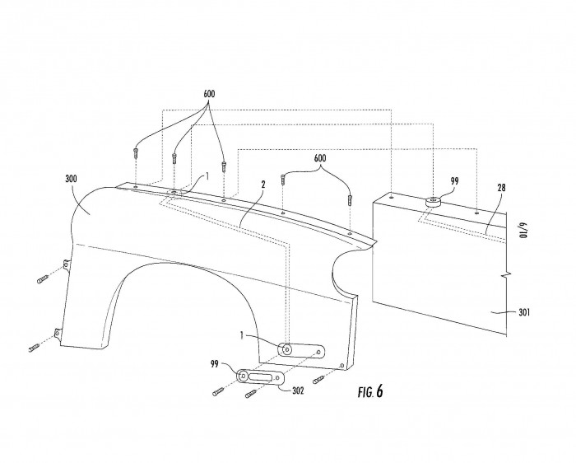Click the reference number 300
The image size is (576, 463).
coord(71,179)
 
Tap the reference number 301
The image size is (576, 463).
coord(524,312)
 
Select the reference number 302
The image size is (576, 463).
coord(298,391)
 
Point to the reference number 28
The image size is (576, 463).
coord(501,188)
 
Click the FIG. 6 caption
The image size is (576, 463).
coord(370,391)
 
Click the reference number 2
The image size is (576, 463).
coord(263,185)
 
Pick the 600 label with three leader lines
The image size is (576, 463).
coord(209,94)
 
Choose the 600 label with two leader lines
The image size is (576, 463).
coord(319,158)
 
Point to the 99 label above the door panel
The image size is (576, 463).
coord(455,181)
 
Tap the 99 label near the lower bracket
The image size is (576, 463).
coord(215,364)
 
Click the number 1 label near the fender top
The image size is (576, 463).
coord(207,176)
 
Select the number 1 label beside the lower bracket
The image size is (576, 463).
coord(242,335)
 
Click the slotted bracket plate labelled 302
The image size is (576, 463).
coord(261,376)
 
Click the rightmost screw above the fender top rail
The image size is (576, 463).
coord(350,199)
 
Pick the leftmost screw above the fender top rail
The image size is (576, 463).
coord(136,152)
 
